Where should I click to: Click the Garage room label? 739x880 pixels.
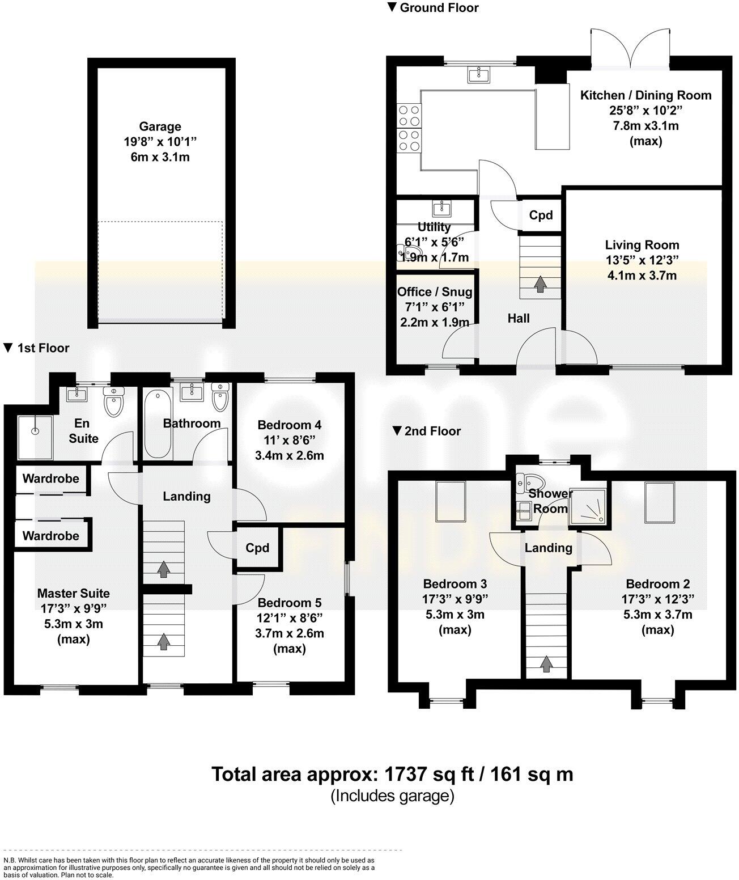[160, 127]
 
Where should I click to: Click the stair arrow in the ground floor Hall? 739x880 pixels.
[540, 283]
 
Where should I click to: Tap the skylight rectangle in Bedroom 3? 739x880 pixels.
[451, 501]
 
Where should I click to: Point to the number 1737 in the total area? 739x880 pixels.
[407, 774]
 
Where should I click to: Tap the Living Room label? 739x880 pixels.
[642, 245]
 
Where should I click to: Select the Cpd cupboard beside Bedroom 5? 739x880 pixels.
[257, 548]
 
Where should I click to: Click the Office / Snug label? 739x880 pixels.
[435, 291]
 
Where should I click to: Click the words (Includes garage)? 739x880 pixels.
[392, 796]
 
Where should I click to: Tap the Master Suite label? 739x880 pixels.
[74, 593]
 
